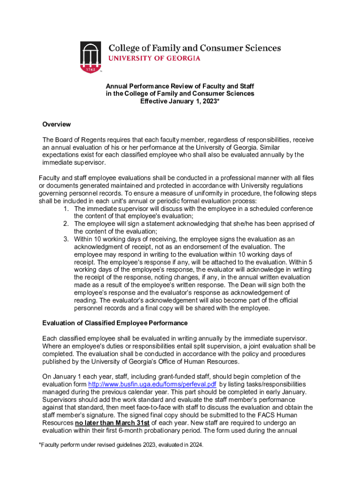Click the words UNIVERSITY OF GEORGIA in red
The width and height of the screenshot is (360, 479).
(155, 58)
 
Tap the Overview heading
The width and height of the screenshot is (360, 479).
(57, 124)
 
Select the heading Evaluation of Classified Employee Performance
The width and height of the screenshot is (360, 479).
(115, 323)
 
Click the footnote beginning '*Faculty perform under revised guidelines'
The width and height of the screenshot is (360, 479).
(121, 446)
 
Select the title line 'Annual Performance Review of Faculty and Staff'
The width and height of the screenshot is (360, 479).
(180, 87)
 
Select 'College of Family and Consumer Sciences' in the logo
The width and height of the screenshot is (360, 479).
(195, 48)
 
